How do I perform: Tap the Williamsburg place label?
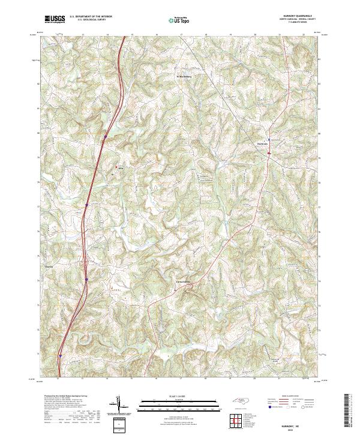[184, 76]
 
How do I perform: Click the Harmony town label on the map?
[263, 143]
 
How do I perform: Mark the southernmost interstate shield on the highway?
[61, 355]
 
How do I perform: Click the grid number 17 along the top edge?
[181, 35]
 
